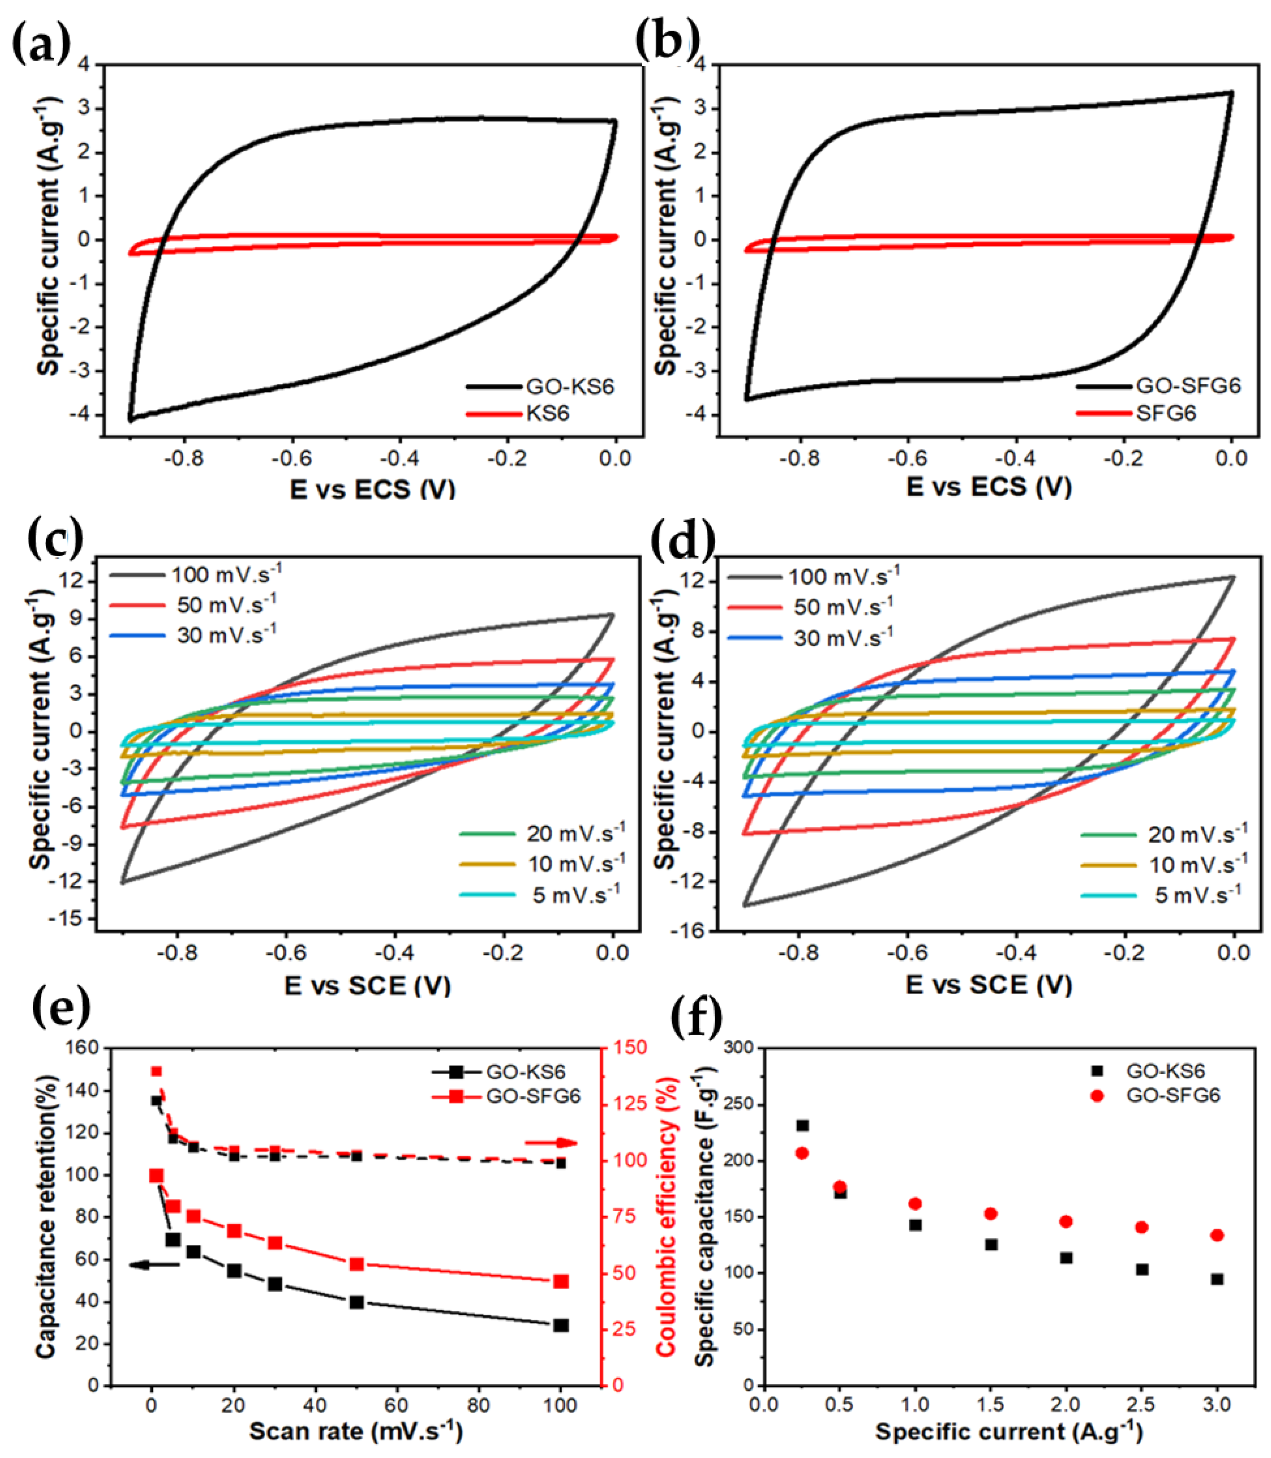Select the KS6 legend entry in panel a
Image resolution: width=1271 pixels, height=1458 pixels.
coord(547,413)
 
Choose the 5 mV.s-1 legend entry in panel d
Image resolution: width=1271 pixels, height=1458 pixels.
coord(1197,895)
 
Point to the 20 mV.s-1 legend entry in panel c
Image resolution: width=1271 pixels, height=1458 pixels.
coord(575,833)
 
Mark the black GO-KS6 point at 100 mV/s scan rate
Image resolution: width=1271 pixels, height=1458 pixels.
coord(560,1325)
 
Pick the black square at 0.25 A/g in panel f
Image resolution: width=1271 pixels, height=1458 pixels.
coord(802,1125)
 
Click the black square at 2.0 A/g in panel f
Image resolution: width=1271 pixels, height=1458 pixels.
coord(1066,1257)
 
